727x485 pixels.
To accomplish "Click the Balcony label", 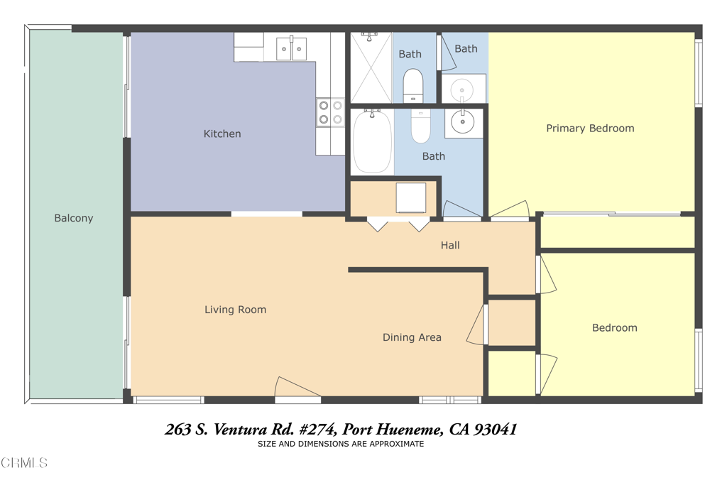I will coord(74,218).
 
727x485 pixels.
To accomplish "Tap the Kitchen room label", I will coord(222,133).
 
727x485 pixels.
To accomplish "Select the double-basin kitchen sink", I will coord(291,49).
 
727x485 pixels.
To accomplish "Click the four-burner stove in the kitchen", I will coord(329,112).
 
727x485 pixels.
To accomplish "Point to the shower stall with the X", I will coord(371,68).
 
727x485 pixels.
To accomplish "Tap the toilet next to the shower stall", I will coord(412,85).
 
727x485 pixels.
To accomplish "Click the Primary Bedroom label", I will coord(590,129).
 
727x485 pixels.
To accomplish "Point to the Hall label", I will coord(450,245).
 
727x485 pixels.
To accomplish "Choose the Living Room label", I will coord(235,310).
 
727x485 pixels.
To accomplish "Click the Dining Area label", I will coord(412,337).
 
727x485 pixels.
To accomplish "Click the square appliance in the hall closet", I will coord(410,197).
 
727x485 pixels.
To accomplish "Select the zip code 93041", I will coord(496,430).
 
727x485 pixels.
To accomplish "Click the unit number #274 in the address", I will coord(317,430).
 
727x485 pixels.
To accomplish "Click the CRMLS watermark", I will coord(24,463).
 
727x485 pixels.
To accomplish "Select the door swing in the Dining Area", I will coord(476,325).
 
